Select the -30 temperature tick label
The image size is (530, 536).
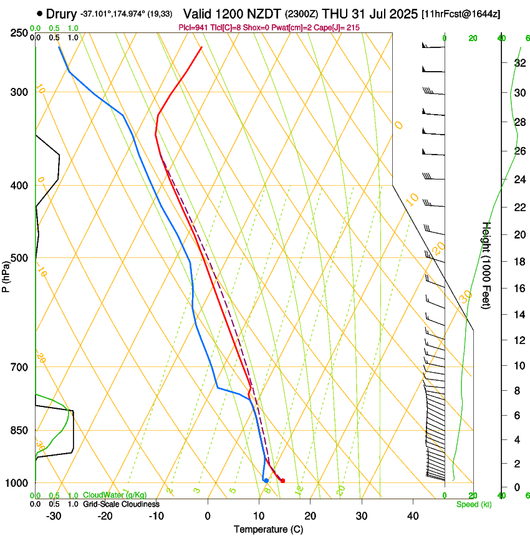point(54,516)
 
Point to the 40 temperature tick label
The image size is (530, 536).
point(412,516)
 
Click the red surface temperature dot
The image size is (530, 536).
point(282,481)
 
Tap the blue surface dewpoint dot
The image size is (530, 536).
point(266,480)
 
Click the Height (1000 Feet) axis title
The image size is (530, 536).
point(486,265)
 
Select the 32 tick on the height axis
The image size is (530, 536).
point(518,63)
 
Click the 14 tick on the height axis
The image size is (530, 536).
point(518,315)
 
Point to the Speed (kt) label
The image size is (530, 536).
point(474,504)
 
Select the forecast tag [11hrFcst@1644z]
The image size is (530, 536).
point(461,14)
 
